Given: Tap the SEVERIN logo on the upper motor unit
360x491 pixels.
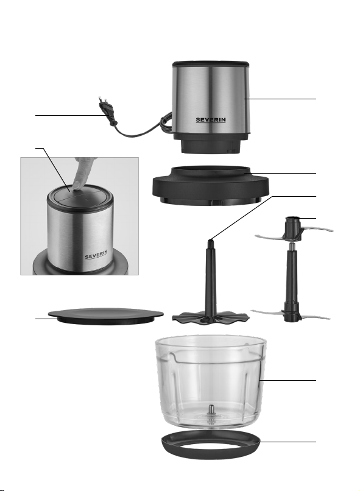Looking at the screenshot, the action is point(211,120).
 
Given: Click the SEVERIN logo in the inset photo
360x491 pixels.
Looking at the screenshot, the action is point(96,255).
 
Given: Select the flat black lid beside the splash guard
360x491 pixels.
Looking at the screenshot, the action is point(105,316).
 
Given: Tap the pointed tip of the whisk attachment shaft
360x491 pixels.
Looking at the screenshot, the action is point(210,241).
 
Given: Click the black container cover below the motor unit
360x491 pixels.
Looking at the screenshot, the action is point(211,186).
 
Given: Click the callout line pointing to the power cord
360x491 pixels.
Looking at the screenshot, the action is point(71,115).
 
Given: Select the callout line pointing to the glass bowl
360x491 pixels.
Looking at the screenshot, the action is point(288,381).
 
